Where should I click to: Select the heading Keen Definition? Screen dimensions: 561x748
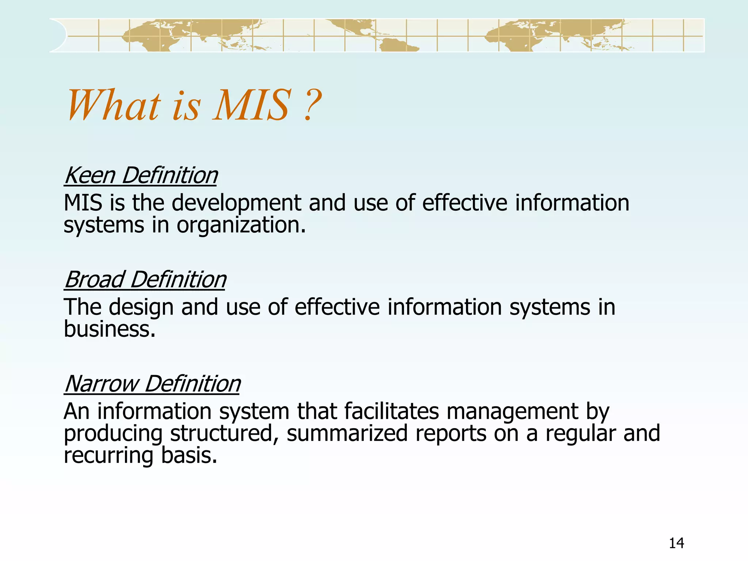pos(141,175)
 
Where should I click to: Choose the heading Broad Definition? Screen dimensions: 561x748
pos(145,280)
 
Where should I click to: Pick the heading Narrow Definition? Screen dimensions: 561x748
pos(152,384)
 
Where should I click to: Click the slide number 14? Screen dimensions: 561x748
pos(676,543)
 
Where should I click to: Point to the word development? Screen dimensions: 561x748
pos(236,203)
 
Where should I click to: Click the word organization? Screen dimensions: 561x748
pos(241,225)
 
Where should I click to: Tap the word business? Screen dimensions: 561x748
pos(110,329)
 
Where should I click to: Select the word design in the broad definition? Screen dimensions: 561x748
pos(141,307)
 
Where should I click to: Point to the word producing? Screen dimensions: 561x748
pos(113,434)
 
